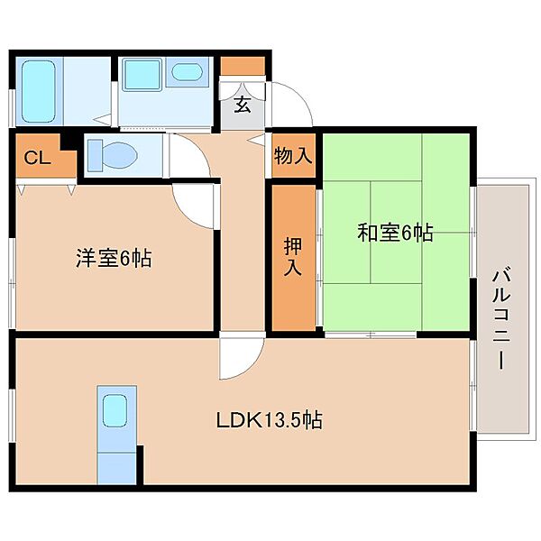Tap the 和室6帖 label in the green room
(x=395, y=233)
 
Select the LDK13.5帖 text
(x=269, y=420)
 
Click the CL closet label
(x=38, y=158)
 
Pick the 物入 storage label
(x=293, y=155)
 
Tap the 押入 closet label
(x=293, y=257)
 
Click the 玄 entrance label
(x=243, y=105)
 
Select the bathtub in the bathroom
(x=39, y=91)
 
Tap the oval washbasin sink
(x=187, y=72)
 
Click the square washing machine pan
(x=142, y=75)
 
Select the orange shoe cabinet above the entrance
(x=243, y=66)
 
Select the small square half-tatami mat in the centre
(x=396, y=233)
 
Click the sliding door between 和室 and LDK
(x=371, y=335)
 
